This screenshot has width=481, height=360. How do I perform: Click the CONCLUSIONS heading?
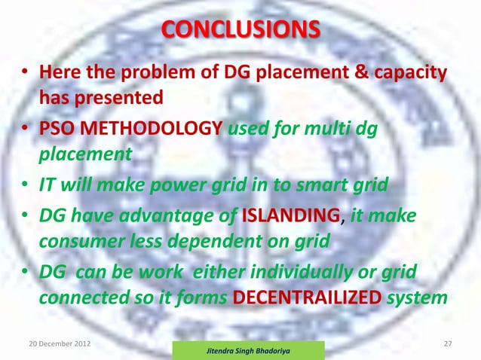click(240, 32)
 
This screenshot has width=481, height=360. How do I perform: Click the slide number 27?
click(449, 344)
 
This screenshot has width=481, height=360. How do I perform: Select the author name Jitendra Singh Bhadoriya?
click(248, 350)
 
